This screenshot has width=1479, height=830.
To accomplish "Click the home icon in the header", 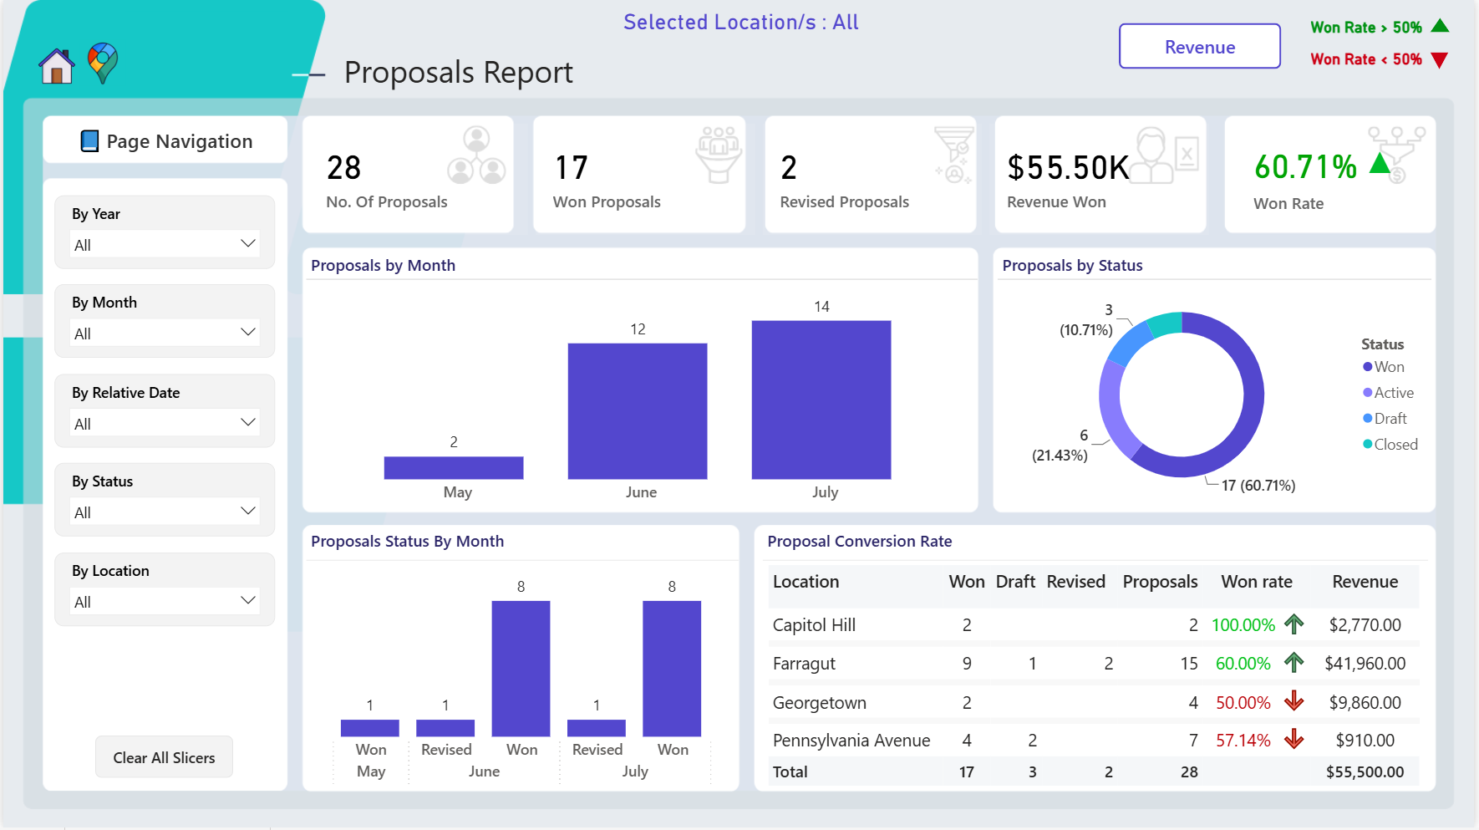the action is tap(57, 66).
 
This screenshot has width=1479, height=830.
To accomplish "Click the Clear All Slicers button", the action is tap(164, 757).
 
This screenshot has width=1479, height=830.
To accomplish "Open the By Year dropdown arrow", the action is tap(247, 243).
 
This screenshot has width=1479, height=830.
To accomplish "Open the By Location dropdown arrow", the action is tap(247, 600).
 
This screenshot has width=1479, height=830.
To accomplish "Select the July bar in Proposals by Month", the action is tap(821, 400).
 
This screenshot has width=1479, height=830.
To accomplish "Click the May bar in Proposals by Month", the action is tap(454, 467).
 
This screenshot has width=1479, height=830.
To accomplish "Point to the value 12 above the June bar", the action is tap(638, 329).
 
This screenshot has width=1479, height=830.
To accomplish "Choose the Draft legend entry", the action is tap(1385, 419).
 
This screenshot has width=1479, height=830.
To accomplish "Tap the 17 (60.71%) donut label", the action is tap(1258, 486).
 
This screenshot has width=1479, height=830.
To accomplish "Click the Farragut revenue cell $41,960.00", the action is tap(1365, 664).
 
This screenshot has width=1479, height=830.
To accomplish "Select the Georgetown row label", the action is tap(820, 703).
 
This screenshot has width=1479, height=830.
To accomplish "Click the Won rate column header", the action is tap(1257, 582).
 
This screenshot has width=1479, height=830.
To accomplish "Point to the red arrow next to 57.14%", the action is tap(1294, 739).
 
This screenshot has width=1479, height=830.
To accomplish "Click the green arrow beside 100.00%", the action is tap(1294, 624).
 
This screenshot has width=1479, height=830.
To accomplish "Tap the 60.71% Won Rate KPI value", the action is tap(1305, 167).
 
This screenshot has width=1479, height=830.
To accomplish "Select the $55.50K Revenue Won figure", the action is tap(1069, 168).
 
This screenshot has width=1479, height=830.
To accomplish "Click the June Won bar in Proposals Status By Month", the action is tap(521, 669).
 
